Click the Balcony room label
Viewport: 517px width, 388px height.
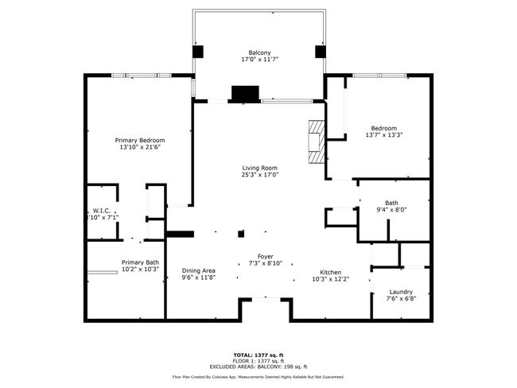(x=259, y=52)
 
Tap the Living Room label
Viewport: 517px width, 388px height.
(x=259, y=168)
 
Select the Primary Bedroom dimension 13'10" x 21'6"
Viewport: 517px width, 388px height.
(x=141, y=147)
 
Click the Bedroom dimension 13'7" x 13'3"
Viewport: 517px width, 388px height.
(x=383, y=134)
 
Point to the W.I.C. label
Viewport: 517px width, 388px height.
(x=101, y=211)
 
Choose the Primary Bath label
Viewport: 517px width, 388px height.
(x=140, y=262)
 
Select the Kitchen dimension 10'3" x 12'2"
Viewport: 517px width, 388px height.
(x=330, y=279)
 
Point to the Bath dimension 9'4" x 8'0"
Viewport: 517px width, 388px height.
(x=391, y=210)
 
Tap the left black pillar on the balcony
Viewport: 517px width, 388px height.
(x=198, y=52)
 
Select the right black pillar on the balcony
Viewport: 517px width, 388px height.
(x=321, y=52)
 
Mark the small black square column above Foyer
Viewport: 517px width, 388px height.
(x=242, y=234)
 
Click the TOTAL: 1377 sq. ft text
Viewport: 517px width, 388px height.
(x=258, y=354)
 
